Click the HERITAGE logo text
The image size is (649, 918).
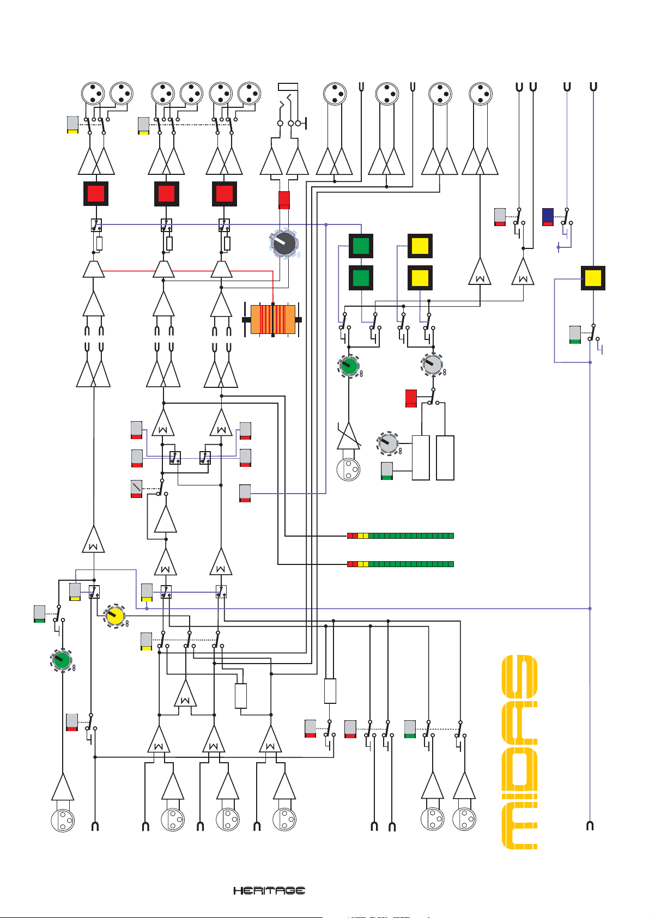[x=269, y=890]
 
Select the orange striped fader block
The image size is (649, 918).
[x=272, y=319]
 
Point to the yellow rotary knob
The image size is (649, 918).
[x=115, y=616]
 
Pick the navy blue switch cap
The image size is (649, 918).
[x=548, y=216]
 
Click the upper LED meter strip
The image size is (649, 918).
[x=401, y=536]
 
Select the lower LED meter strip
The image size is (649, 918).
[x=401, y=564]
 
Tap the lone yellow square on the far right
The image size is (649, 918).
[x=593, y=278]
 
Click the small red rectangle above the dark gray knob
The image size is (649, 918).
[x=284, y=199]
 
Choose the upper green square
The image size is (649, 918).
[x=361, y=246]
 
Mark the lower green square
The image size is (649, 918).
[x=361, y=278]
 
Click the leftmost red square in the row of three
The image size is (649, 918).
[x=96, y=193]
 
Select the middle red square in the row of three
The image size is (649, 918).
[x=167, y=193]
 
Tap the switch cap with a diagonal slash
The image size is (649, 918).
[x=136, y=489]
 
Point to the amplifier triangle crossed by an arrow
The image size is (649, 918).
[x=349, y=436]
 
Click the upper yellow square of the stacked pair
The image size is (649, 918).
[x=420, y=246]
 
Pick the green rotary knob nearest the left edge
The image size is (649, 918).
[x=63, y=660]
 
